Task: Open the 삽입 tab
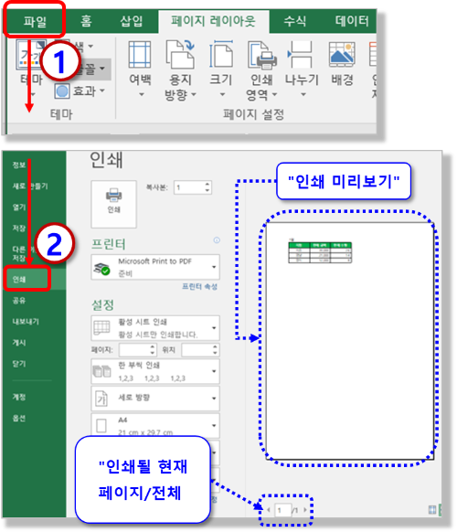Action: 132,19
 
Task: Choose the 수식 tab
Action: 295,19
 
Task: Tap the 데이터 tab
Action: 351,19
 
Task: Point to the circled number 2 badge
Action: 53,245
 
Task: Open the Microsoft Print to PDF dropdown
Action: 154,266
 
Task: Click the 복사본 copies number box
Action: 193,187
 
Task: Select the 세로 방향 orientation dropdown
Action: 154,399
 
